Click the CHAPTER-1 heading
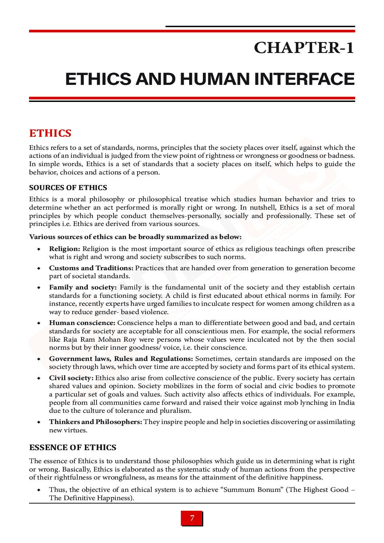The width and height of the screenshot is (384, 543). (x=304, y=48)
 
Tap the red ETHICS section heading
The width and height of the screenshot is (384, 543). (x=50, y=133)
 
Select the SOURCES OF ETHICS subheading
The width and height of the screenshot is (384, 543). (x=68, y=188)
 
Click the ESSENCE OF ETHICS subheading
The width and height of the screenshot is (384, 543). (x=73, y=448)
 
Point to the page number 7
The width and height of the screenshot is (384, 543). (x=192, y=518)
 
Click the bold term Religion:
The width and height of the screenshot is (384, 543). (x=65, y=249)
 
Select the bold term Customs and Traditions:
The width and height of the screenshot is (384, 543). (x=91, y=268)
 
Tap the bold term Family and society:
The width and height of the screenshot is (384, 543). (x=83, y=287)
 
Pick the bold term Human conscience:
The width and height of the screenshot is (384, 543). (x=82, y=323)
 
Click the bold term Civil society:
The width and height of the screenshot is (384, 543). (x=71, y=378)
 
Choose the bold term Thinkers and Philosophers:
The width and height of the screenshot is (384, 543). (x=95, y=422)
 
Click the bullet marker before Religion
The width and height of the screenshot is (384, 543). (x=38, y=249)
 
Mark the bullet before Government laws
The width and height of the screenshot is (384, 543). (x=38, y=359)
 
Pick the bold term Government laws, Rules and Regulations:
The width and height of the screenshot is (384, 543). (x=121, y=359)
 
